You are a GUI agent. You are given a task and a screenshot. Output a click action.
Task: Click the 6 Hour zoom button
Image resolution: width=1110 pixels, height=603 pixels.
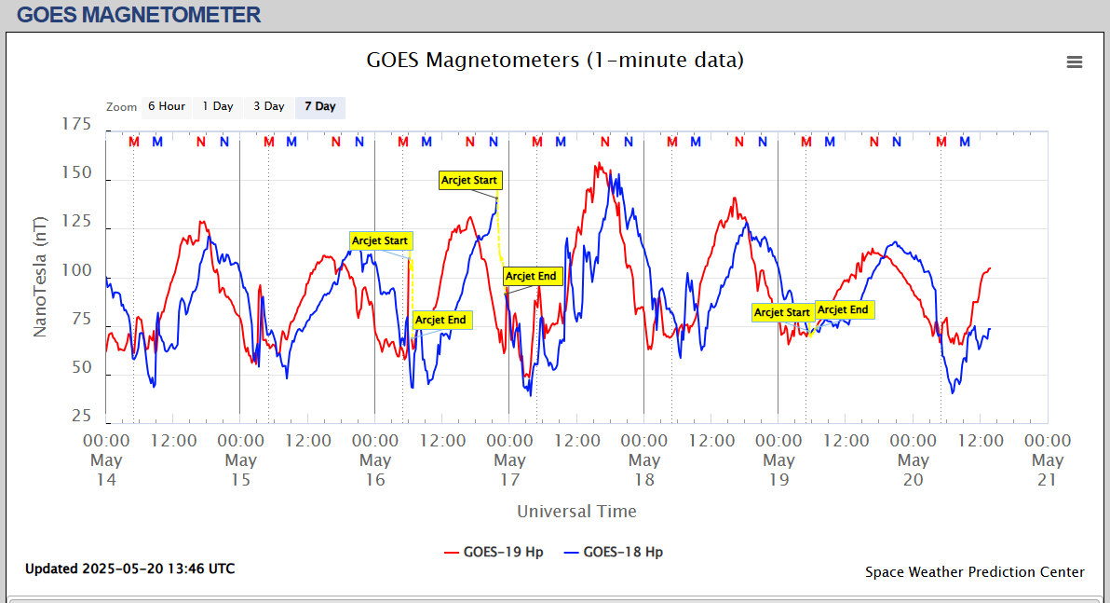point(166,106)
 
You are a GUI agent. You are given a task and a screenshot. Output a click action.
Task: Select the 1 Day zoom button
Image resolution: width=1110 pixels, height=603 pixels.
point(218,106)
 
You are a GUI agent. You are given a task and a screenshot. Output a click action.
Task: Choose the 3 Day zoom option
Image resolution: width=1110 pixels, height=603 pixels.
point(269,106)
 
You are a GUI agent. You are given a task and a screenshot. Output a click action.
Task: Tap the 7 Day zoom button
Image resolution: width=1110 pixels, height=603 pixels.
point(319,106)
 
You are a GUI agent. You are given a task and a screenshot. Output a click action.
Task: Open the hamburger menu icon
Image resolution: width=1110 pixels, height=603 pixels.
point(1075,62)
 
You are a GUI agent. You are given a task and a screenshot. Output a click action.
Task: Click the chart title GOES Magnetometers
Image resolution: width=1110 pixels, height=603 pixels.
point(555,61)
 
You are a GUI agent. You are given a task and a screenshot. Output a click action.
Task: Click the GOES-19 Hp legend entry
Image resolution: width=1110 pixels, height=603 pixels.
point(494,552)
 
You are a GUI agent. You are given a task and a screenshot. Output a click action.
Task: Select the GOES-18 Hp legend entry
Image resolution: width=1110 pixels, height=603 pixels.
point(614,552)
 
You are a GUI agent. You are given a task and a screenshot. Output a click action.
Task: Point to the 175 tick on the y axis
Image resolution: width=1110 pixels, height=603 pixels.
point(76,124)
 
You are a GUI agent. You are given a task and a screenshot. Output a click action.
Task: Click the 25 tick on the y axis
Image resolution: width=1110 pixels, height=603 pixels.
point(81,416)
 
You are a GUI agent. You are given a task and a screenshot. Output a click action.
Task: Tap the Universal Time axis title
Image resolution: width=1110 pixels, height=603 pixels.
point(576,511)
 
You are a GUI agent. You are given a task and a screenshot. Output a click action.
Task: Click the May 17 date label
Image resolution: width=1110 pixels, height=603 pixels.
point(509,470)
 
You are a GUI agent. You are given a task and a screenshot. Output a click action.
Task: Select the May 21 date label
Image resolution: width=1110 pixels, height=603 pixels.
point(1048,470)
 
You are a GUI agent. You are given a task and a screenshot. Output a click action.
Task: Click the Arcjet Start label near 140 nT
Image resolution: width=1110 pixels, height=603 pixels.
point(470,180)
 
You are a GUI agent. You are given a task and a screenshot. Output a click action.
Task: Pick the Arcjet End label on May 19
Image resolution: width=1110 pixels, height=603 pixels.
point(844,310)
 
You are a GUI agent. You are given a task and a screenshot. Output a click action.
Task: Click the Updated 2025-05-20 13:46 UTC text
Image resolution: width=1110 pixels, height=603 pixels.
point(129,569)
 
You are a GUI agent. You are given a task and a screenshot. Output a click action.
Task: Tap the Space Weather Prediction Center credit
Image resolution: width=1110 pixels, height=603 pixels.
point(975,572)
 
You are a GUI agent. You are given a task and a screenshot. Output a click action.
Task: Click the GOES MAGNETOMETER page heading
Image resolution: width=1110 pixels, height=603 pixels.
point(139,15)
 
